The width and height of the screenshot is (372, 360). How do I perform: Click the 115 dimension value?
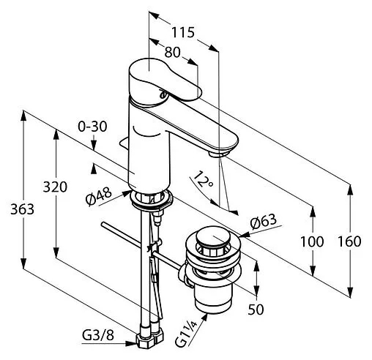pos(183,32)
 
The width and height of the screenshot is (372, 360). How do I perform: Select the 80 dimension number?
pos(172,52)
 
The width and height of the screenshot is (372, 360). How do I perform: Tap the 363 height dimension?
pos(22,209)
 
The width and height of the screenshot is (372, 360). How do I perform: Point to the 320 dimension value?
pos(55,187)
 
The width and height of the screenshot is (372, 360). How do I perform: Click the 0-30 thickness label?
pos(92,127)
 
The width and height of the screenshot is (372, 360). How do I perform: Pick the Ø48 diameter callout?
pos(99,196)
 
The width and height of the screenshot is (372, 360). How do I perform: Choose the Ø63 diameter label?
pos(264,221)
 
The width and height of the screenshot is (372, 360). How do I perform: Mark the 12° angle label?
pos(203,179)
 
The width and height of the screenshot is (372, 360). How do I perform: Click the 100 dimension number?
pos(312,241)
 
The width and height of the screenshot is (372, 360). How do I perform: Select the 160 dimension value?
pos(349,241)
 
